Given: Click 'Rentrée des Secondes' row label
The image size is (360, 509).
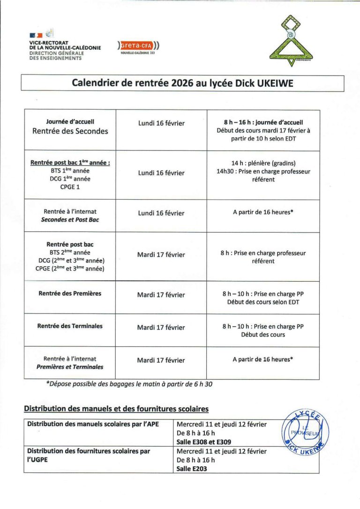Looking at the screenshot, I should coord(70,131).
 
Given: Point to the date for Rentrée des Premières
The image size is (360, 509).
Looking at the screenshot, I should coord(161,295).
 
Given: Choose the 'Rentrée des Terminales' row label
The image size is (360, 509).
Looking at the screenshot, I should coord(70,326).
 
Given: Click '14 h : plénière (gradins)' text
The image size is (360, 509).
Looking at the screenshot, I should coord(263,163).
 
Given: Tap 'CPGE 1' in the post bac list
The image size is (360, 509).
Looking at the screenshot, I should coord(70,187).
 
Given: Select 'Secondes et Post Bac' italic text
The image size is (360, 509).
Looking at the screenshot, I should coord(70,219).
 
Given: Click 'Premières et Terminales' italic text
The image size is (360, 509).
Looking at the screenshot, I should coord(70,367).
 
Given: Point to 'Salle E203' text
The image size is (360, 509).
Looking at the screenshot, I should coord(192,468).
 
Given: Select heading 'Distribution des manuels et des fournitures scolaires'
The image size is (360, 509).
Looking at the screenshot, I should coord(116,409).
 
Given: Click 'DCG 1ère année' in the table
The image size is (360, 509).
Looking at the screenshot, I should coord(70,179).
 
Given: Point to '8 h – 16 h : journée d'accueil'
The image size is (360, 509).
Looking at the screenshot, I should coord(263,121).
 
